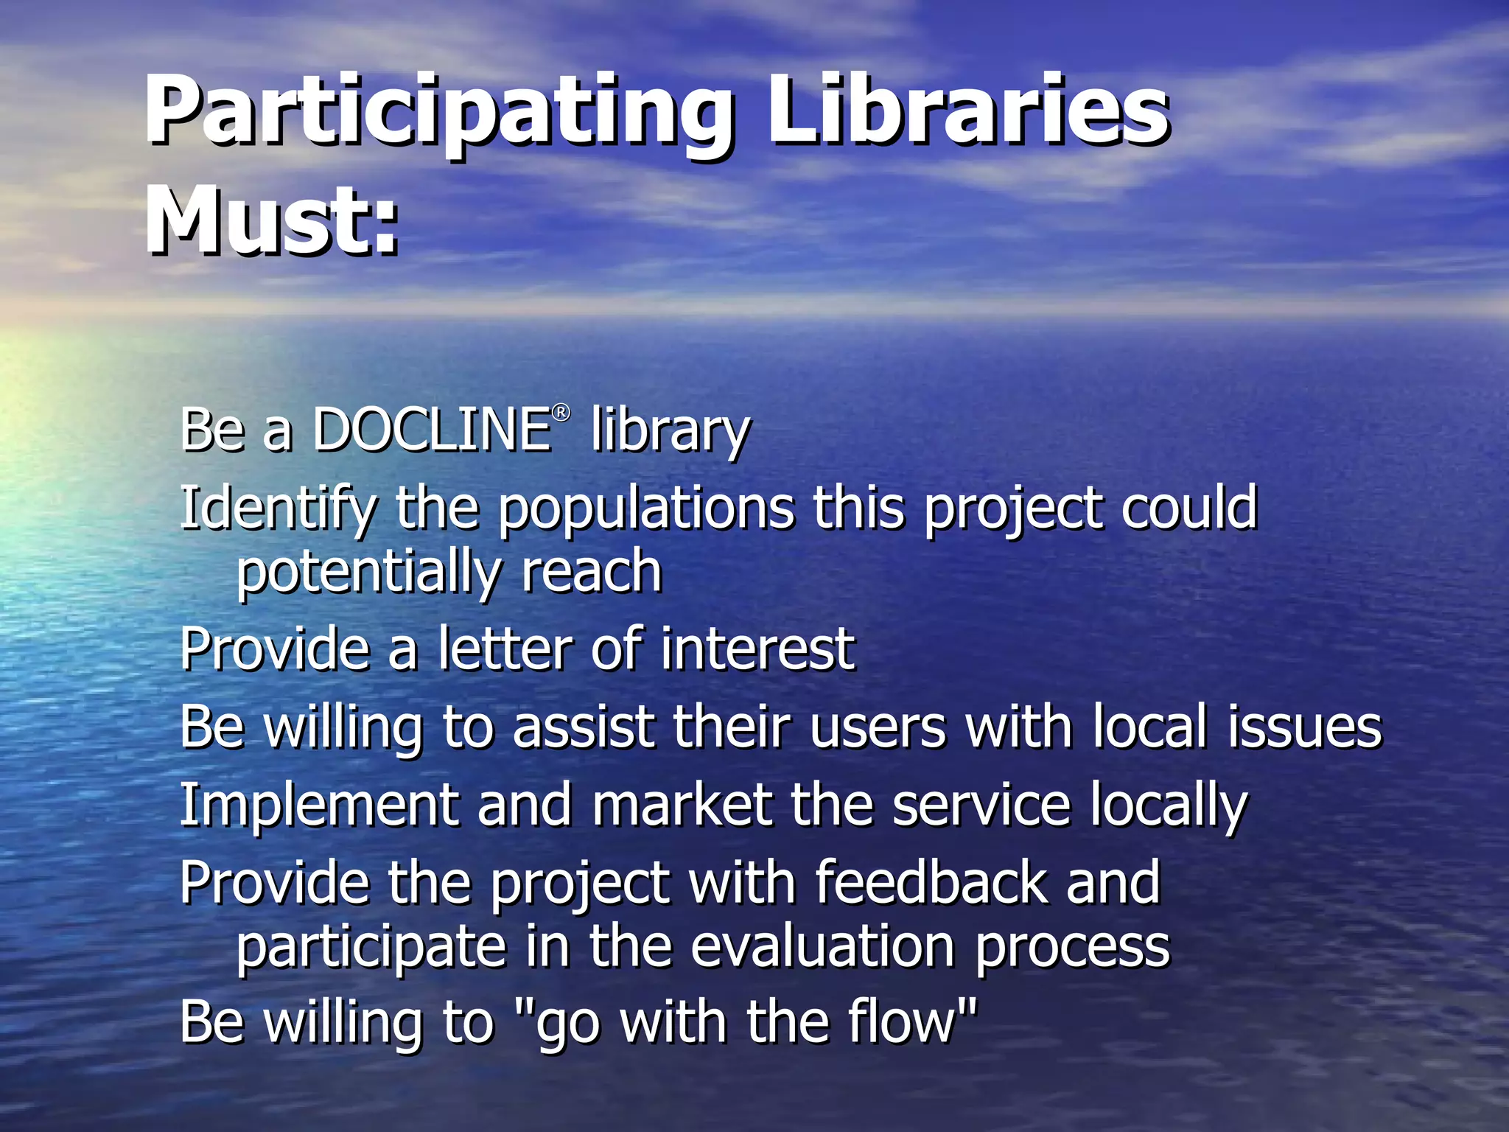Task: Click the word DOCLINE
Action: (x=431, y=430)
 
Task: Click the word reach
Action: (x=592, y=572)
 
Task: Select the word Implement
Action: (x=318, y=806)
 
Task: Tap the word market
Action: (x=682, y=805)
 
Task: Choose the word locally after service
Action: (x=1169, y=806)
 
